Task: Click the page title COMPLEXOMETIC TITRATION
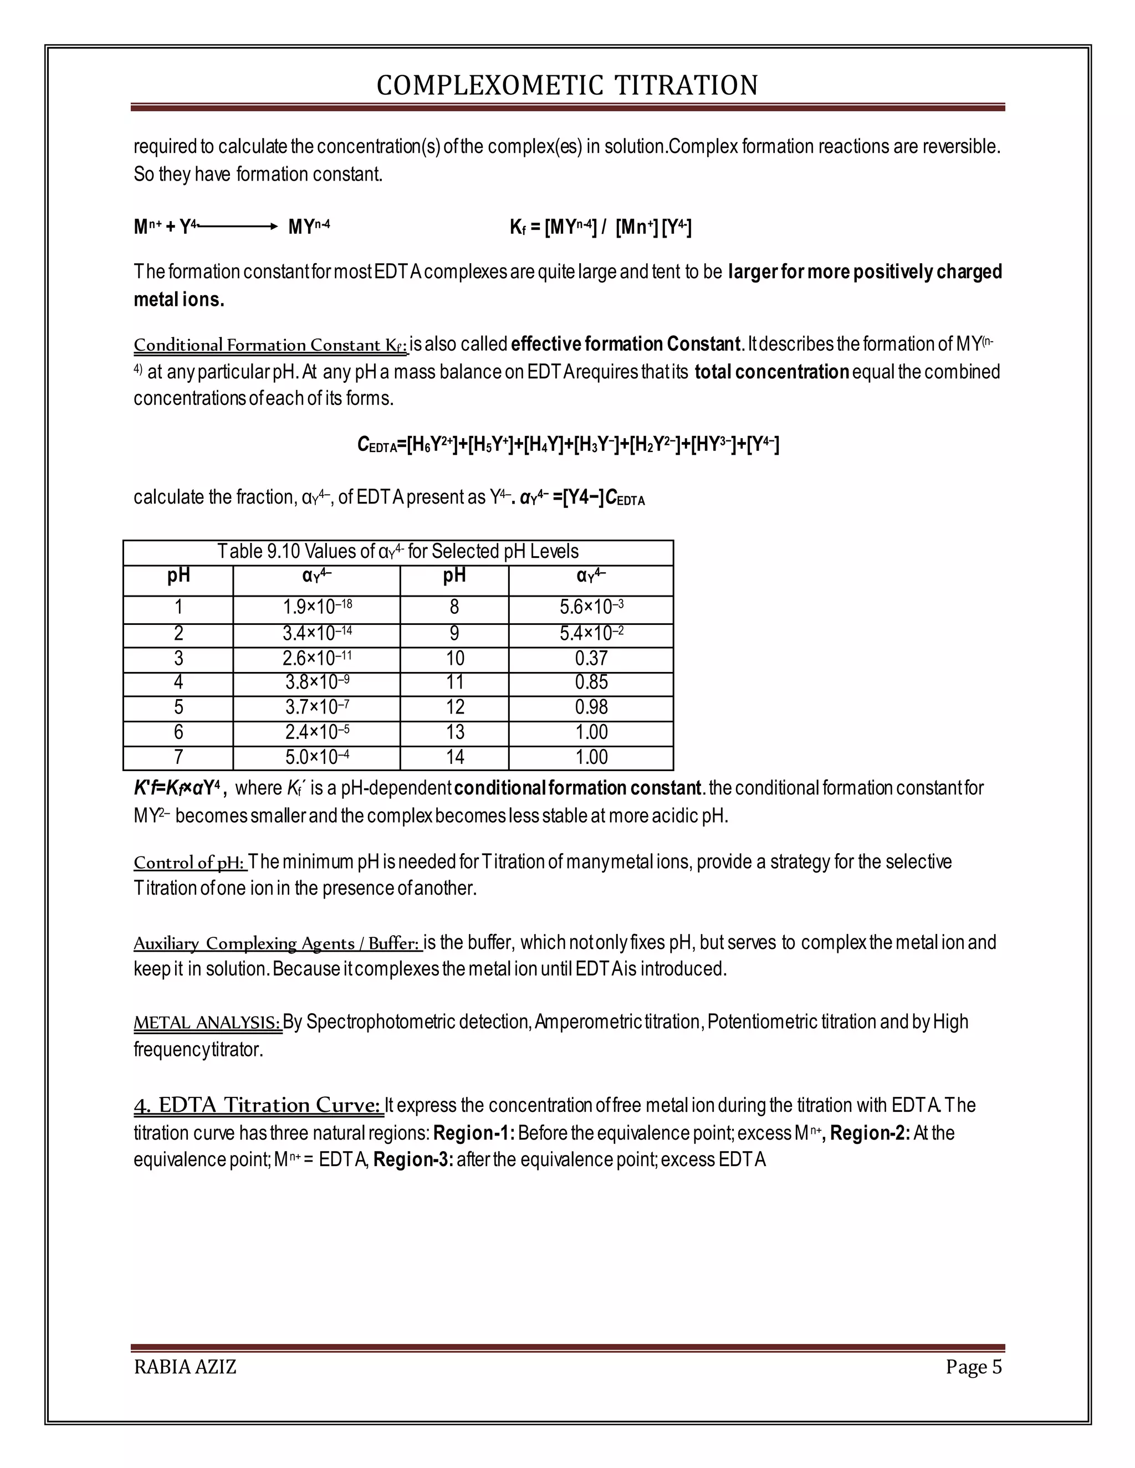click(x=567, y=85)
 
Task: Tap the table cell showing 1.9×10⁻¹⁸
click(x=316, y=607)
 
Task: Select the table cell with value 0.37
click(x=591, y=659)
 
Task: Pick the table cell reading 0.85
click(x=591, y=683)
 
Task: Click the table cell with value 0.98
click(x=591, y=707)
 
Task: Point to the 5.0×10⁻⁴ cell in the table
click(x=316, y=757)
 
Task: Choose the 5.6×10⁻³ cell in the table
click(x=591, y=607)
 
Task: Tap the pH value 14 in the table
click(x=454, y=757)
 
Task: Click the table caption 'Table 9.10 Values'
click(x=397, y=552)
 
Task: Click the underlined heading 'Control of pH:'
click(x=190, y=863)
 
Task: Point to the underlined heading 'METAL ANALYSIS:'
click(x=207, y=1023)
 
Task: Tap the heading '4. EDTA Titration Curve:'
click(x=258, y=1106)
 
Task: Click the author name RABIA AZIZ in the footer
click(x=185, y=1367)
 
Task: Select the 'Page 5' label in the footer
click(x=973, y=1367)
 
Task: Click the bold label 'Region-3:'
click(x=413, y=1160)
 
